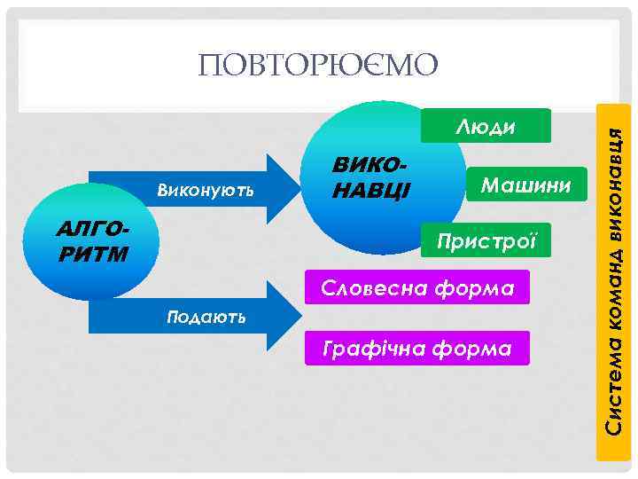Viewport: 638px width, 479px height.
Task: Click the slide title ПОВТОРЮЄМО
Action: [x=318, y=65]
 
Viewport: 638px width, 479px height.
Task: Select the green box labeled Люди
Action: [x=486, y=126]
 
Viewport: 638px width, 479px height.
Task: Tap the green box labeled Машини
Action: [x=526, y=184]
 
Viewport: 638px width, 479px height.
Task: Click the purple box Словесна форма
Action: [x=416, y=288]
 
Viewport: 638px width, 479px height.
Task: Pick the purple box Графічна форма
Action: [x=416, y=349]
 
